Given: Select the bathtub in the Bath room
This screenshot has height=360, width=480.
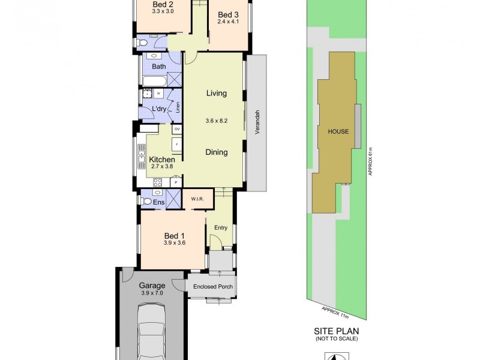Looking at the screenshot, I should pyautogui.click(x=154, y=80).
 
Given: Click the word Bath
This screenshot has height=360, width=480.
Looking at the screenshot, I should pyautogui.click(x=159, y=67).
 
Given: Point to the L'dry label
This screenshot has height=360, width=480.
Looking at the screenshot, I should pyautogui.click(x=159, y=109).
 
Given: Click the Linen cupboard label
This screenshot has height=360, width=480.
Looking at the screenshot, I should pyautogui.click(x=178, y=107).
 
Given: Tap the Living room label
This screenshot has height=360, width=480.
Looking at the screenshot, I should pyautogui.click(x=217, y=93).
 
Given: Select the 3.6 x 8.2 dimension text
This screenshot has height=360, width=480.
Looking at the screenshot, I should pyautogui.click(x=217, y=121).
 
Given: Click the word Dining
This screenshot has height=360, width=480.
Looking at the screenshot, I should pyautogui.click(x=217, y=152).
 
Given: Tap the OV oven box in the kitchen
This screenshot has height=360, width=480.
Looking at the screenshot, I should pyautogui.click(x=177, y=129).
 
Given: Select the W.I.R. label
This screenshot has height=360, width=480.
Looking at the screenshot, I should pyautogui.click(x=198, y=199).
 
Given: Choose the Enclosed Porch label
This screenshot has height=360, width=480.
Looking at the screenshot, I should pyautogui.click(x=213, y=287).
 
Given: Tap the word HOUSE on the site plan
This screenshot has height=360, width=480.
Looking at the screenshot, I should pyautogui.click(x=338, y=131).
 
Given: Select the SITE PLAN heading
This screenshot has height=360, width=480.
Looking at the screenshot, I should pyautogui.click(x=337, y=331).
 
